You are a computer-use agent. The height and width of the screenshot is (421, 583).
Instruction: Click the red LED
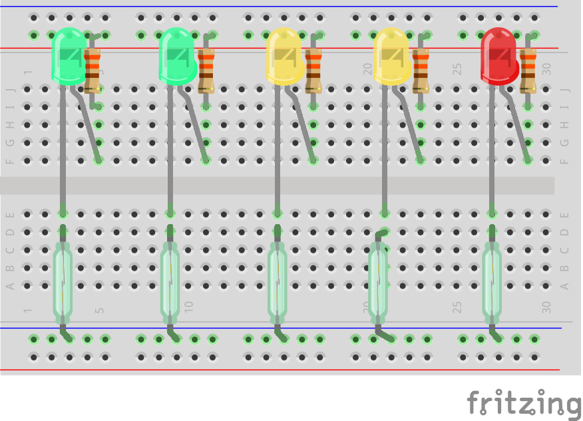(499, 57)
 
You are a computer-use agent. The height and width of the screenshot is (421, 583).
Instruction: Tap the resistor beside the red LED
(528, 70)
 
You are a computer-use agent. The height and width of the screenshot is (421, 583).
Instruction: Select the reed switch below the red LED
(492, 279)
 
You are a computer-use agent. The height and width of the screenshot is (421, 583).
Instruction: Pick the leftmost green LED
(69, 57)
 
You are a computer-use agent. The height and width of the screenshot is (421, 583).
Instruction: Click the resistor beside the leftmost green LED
(92, 70)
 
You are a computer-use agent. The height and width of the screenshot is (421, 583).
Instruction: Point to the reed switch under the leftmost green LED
(63, 279)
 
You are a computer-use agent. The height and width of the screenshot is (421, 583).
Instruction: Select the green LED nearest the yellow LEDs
(177, 57)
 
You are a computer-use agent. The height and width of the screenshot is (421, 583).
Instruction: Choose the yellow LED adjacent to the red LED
(391, 57)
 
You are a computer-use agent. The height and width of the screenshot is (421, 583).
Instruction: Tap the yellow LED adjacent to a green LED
(284, 57)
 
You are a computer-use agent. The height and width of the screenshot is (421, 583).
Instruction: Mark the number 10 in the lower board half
(189, 307)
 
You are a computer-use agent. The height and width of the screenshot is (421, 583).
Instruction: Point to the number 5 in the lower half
(100, 309)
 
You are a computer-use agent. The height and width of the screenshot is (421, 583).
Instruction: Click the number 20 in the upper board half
(367, 69)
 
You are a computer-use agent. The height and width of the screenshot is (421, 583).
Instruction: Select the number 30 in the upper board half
(546, 69)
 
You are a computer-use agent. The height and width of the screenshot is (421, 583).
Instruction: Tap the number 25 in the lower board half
(457, 307)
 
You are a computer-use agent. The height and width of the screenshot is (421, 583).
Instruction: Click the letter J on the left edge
(10, 89)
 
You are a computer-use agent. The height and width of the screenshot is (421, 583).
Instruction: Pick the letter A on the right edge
(565, 286)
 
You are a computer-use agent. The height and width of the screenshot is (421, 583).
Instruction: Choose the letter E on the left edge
(10, 214)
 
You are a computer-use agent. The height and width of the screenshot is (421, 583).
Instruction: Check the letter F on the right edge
(565, 160)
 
